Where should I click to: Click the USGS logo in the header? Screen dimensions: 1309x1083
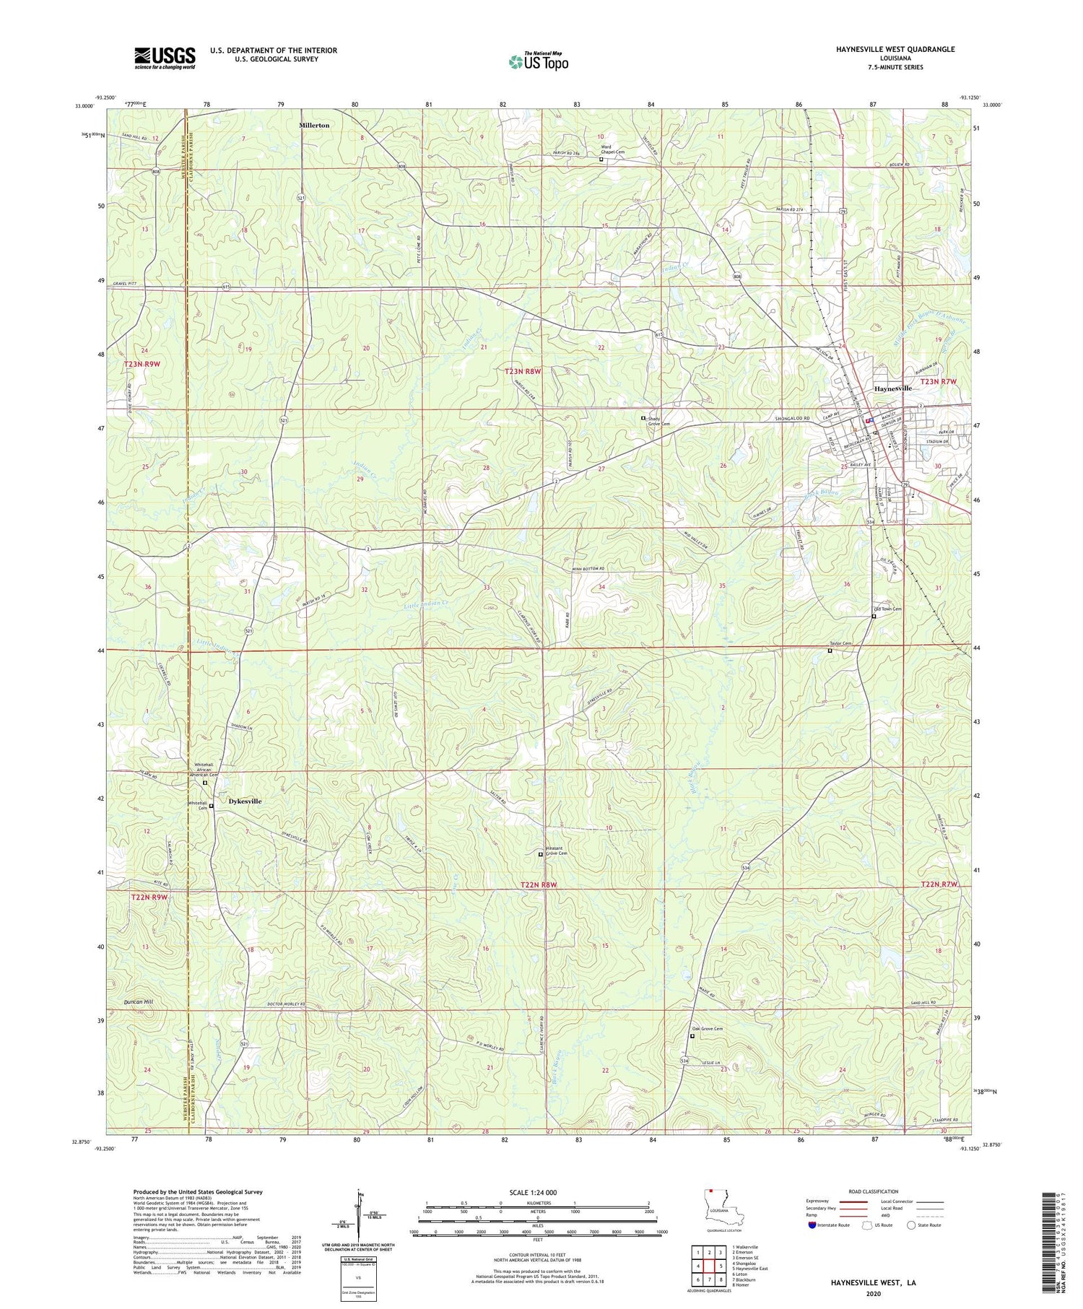[x=164, y=58]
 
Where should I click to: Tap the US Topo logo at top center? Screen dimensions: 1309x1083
[x=538, y=61]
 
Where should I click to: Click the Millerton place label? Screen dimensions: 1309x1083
[x=314, y=125]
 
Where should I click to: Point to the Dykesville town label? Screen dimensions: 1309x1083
[x=245, y=801]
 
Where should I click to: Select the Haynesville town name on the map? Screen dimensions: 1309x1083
[x=893, y=388]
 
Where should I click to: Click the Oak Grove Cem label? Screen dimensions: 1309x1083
[x=708, y=1029]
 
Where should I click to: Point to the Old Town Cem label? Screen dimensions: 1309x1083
[x=887, y=609]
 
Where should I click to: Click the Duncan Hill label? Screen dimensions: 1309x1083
[x=139, y=1002]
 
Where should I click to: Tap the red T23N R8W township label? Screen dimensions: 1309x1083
[x=522, y=371]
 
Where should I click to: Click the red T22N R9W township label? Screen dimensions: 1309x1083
[x=149, y=897]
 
